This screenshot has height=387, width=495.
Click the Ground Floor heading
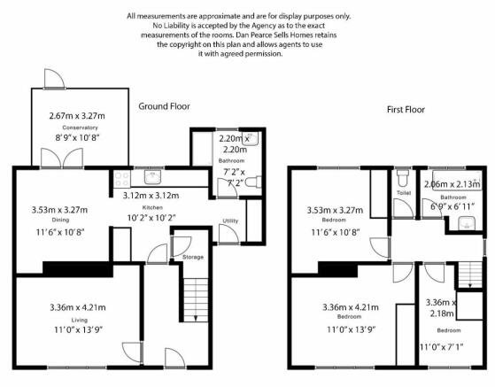164,106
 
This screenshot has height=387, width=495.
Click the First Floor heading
406,110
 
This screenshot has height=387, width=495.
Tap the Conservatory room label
80,128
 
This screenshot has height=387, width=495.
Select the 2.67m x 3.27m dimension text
77,116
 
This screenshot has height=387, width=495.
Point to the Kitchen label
152,207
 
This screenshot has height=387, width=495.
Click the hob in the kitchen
122,179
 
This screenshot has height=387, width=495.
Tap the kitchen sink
153,177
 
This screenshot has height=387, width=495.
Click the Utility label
230,221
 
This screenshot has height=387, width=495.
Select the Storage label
193,257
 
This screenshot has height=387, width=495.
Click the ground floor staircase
196,300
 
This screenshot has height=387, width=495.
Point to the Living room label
79,320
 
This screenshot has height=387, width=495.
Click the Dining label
60,220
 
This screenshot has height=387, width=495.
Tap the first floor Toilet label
404,192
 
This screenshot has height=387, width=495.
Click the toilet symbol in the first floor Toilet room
403,178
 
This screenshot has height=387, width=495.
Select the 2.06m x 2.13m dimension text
452,184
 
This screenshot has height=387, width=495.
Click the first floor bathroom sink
467,223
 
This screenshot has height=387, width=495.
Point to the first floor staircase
470,275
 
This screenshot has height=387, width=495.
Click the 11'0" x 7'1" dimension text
441,347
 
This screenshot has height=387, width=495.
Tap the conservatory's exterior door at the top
54,79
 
